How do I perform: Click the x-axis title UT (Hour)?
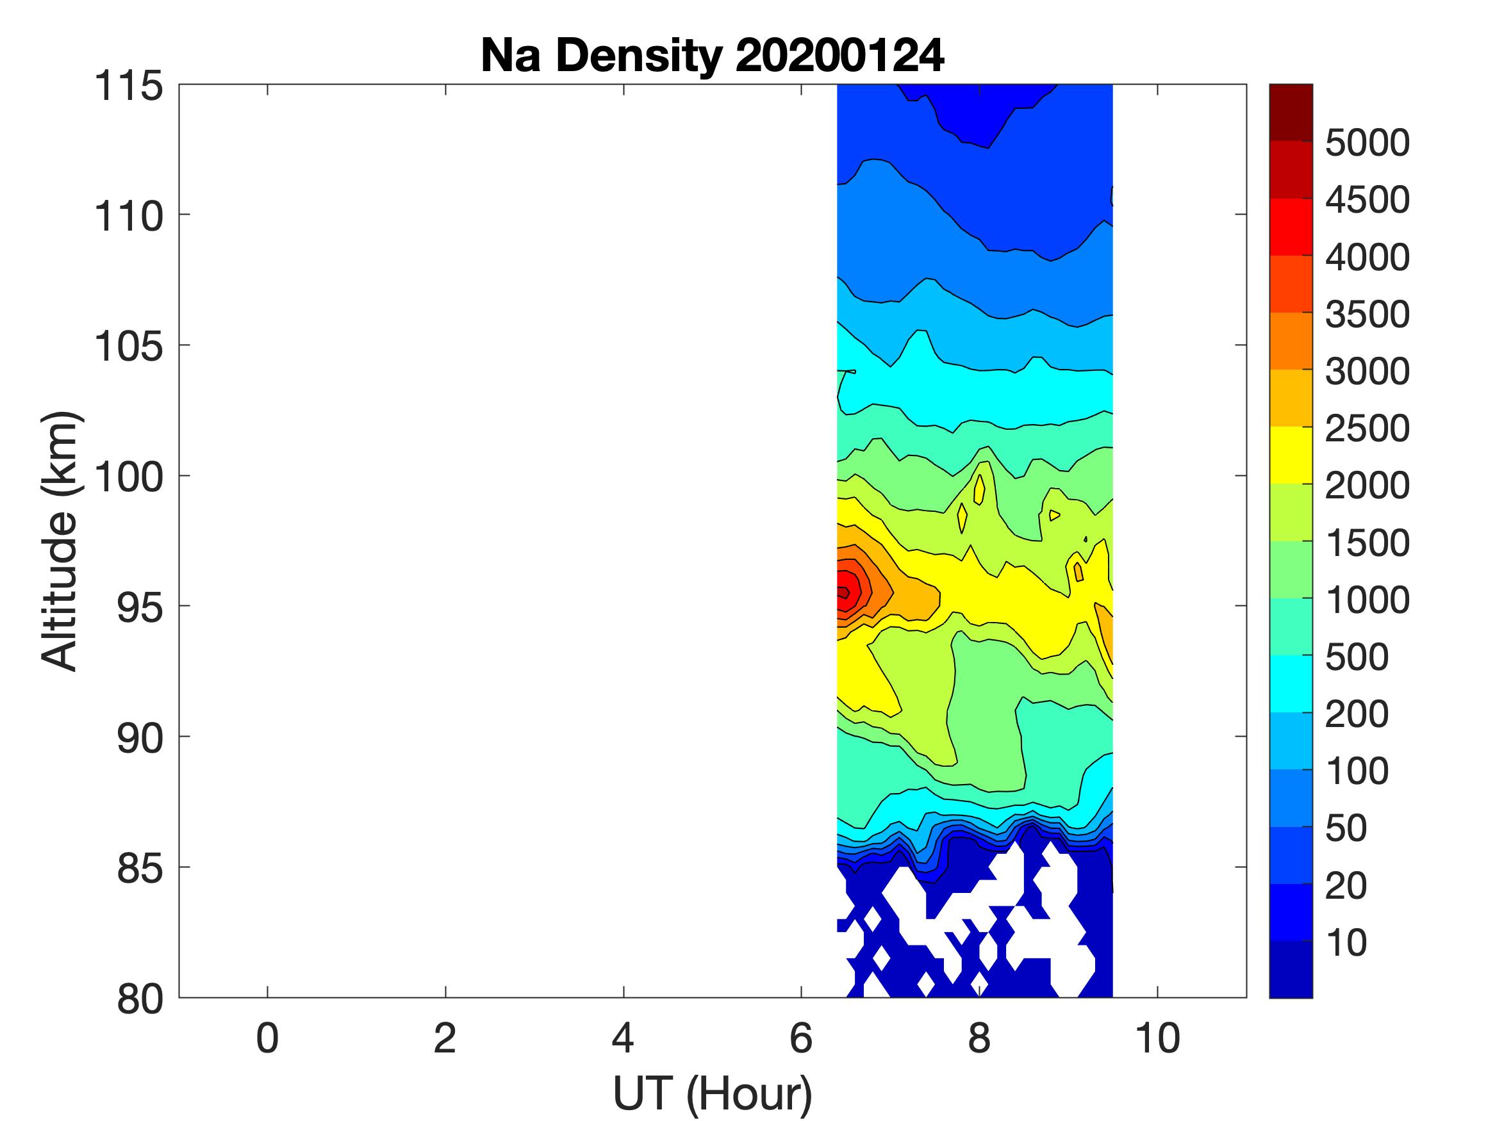tap(712, 1093)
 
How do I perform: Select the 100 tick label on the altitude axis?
tap(128, 477)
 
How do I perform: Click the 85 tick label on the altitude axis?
tap(140, 868)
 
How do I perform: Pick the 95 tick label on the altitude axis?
tap(140, 607)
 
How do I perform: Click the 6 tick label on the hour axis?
tap(801, 1038)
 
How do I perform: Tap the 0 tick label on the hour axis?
tap(268, 1038)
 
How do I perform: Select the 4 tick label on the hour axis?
tap(622, 1038)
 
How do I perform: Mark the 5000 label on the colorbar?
tap(1367, 143)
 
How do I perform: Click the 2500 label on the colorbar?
tap(1367, 429)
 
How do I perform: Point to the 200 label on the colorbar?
tap(1357, 714)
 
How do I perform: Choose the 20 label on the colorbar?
tap(1346, 885)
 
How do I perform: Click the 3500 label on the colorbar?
tap(1367, 315)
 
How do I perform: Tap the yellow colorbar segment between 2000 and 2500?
tap(1290, 455)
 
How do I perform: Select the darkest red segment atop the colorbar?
tap(1290, 112)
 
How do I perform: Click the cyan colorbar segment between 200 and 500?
tap(1290, 684)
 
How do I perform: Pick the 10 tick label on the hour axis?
tap(1158, 1038)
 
